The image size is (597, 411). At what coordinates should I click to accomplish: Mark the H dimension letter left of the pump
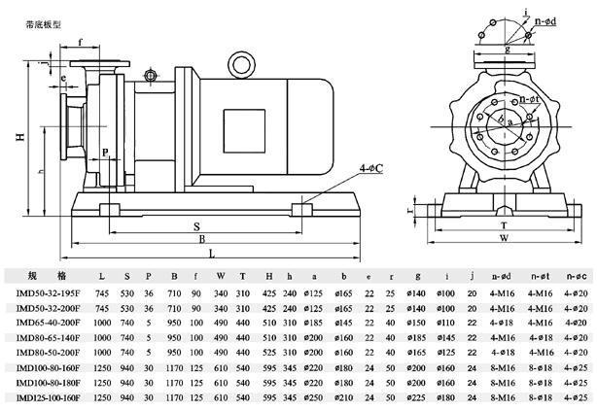[18, 137]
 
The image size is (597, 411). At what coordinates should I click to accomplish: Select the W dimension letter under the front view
[503, 236]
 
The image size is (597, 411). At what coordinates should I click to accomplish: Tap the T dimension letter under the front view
[503, 223]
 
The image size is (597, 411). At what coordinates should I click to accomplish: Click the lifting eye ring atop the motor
[238, 63]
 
